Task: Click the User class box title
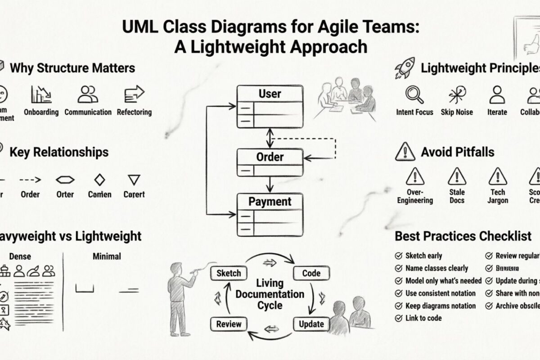coord(270,94)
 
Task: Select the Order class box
coord(270,162)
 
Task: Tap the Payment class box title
coord(270,202)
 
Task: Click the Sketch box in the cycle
coord(229,273)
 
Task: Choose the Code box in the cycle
coord(311,273)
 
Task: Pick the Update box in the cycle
coord(311,324)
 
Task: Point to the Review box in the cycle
coord(229,324)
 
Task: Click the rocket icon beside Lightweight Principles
coord(404,69)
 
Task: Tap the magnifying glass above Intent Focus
coord(414,94)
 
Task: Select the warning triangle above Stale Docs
coord(457,176)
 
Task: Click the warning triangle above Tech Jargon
coord(498,176)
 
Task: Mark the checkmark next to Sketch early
coord(398,256)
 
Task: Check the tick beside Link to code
coord(398,318)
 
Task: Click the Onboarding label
coord(41,112)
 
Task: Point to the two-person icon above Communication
coord(88,94)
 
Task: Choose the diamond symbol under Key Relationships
coord(99,180)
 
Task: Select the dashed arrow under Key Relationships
coord(30,180)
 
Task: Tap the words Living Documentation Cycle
coord(270,294)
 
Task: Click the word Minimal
coord(107,256)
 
